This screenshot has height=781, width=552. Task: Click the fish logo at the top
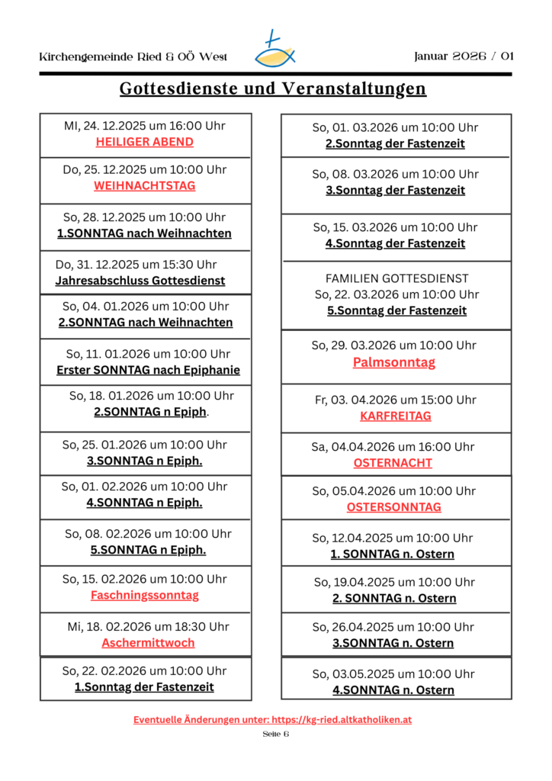pos(274,50)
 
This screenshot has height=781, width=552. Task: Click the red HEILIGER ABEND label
pos(145,142)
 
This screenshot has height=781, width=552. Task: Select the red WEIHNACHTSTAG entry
pos(145,186)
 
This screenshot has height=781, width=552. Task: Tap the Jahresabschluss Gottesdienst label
pos(140,281)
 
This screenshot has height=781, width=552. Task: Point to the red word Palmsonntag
pos(394,362)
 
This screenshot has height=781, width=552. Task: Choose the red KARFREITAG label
pos(396,416)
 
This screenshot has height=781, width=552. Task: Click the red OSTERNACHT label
pos(393,463)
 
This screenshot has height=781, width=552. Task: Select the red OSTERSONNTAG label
pos(393,507)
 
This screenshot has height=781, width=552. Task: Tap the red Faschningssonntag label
pos(145,595)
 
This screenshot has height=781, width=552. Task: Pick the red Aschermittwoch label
pos(148,643)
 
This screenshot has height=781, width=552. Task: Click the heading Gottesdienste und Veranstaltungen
pos(273,89)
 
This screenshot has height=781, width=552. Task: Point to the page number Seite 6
pos(276,734)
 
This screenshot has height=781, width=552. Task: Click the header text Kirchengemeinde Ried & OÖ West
pos(133,57)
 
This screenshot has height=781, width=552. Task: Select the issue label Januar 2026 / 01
pos(464,56)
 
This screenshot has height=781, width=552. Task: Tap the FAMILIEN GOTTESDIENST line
pos(396,278)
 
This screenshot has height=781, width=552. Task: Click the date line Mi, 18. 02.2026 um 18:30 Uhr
pos(148,627)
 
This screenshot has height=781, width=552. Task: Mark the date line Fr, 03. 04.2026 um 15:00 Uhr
pos(395,400)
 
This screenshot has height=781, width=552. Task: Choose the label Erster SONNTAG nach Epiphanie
pos(148,371)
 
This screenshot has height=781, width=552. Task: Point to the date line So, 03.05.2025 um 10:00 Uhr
pos(393,674)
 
